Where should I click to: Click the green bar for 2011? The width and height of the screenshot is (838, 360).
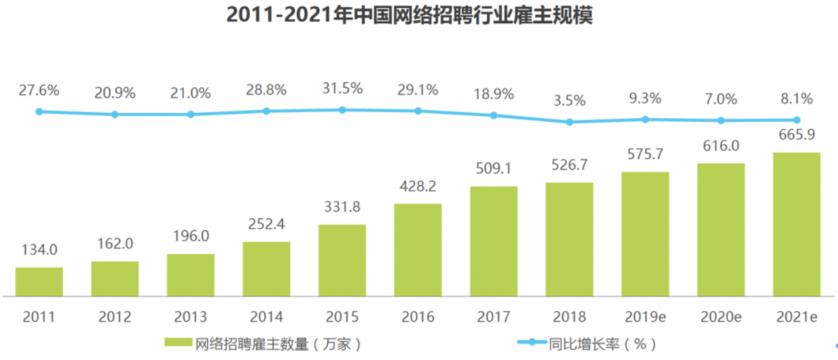(x=39, y=282)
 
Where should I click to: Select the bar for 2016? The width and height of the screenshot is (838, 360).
(x=418, y=250)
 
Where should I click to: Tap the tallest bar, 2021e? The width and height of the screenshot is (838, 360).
(x=797, y=225)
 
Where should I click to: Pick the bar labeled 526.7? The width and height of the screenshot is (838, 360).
(x=569, y=239)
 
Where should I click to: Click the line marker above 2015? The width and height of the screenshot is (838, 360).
(x=343, y=110)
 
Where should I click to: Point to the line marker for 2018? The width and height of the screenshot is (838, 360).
(x=569, y=122)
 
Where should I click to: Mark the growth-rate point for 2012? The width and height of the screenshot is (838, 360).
(x=115, y=114)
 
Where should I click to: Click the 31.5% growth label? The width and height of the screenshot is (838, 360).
(x=343, y=88)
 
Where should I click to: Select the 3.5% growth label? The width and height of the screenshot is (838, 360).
(x=569, y=101)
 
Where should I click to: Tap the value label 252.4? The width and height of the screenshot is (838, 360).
(x=266, y=225)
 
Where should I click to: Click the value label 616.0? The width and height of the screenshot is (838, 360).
(x=720, y=146)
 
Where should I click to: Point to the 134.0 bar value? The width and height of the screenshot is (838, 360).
(x=39, y=250)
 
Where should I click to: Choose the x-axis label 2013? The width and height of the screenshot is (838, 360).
(x=191, y=317)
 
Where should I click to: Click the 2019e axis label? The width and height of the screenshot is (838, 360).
(x=645, y=317)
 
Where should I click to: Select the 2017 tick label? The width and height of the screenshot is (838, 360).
(x=493, y=317)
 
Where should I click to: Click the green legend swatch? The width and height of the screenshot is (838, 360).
(x=178, y=343)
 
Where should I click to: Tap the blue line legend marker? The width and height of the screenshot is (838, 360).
(x=531, y=343)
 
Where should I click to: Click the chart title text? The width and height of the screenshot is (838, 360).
(x=409, y=15)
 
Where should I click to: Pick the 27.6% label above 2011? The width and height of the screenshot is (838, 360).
(x=39, y=90)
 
